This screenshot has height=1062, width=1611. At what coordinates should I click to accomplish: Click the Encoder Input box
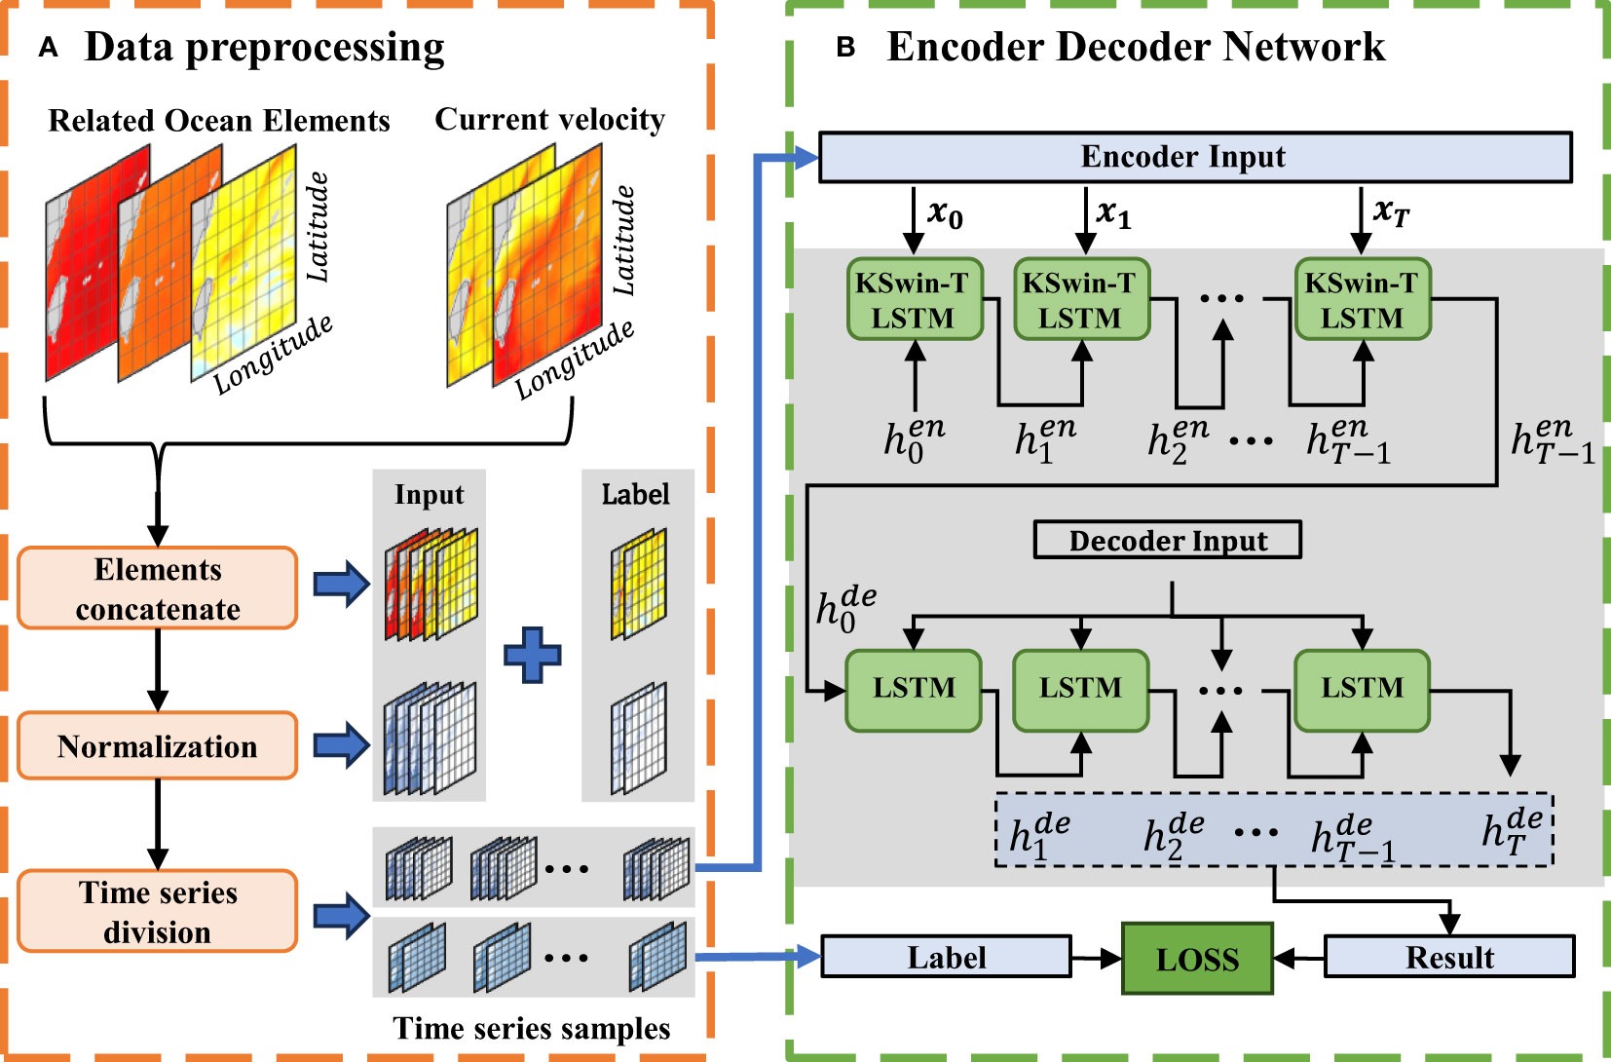tap(1195, 157)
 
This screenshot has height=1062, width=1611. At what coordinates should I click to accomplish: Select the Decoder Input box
tap(1167, 540)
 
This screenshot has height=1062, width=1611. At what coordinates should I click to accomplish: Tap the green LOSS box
tap(1197, 959)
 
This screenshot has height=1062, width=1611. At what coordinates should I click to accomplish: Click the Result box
tap(1448, 957)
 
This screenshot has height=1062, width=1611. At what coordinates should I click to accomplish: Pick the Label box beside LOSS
tap(946, 957)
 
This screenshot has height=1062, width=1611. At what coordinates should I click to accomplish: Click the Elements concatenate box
tap(157, 588)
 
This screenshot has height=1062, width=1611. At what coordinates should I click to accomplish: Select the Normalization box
tap(157, 746)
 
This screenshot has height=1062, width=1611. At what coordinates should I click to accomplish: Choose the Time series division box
tap(157, 912)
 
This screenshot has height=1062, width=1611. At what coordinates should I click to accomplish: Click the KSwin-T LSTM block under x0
tap(914, 300)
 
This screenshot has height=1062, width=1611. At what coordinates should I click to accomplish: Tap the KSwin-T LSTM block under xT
tap(1362, 300)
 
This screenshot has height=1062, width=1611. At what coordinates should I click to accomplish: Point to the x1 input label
tap(1113, 212)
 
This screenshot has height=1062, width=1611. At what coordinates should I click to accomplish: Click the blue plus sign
tap(532, 654)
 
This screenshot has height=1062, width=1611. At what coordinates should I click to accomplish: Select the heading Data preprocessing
tap(264, 47)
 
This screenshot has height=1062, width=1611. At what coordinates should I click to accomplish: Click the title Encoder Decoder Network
tap(1135, 47)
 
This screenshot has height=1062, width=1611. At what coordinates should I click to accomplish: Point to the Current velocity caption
tap(549, 119)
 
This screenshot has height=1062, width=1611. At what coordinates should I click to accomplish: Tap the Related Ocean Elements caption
tap(219, 121)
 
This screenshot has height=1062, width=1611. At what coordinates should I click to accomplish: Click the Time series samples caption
tap(531, 1029)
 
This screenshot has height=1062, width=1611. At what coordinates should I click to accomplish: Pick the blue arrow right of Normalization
tap(341, 746)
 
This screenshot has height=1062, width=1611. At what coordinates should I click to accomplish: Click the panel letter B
tap(845, 48)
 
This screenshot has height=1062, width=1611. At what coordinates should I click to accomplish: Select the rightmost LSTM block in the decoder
tap(1362, 689)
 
